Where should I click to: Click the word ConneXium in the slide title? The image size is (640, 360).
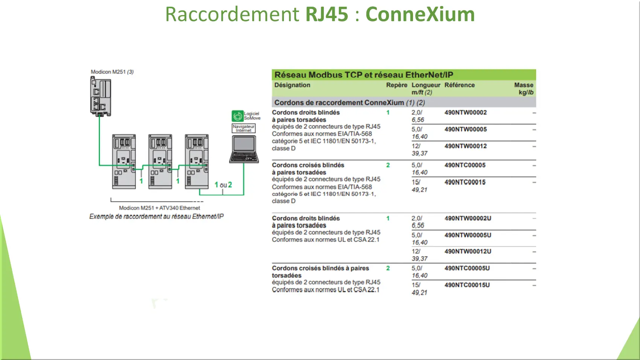pyautogui.click(x=420, y=14)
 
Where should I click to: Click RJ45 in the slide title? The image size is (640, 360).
pyautogui.click(x=327, y=14)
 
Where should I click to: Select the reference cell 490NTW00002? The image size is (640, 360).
pyautogui.click(x=465, y=113)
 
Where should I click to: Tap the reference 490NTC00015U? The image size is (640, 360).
pyautogui.click(x=467, y=285)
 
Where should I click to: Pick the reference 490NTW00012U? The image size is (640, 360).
pyautogui.click(x=468, y=252)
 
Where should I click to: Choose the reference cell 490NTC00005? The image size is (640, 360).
pyautogui.click(x=465, y=165)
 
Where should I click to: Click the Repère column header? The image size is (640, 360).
pyautogui.click(x=396, y=85)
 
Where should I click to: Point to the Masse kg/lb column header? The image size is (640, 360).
pyautogui.click(x=524, y=88)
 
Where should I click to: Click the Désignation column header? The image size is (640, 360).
pyautogui.click(x=292, y=85)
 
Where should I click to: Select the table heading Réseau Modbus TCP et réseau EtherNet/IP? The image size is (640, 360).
pyautogui.click(x=364, y=75)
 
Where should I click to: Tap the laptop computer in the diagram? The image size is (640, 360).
pyautogui.click(x=244, y=149)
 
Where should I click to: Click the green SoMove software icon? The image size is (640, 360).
pyautogui.click(x=238, y=116)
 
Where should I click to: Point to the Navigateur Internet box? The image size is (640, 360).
pyautogui.click(x=244, y=128)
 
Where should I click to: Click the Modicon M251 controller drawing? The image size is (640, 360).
pyautogui.click(x=101, y=96)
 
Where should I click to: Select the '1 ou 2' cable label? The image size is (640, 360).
pyautogui.click(x=223, y=185)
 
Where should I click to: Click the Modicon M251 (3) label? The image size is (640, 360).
pyautogui.click(x=112, y=72)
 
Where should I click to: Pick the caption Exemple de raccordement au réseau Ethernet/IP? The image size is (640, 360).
pyautogui.click(x=156, y=217)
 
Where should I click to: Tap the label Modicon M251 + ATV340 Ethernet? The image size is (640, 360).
pyautogui.click(x=159, y=208)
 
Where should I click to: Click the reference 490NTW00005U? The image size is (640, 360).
pyautogui.click(x=468, y=235)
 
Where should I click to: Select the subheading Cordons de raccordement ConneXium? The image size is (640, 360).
pyautogui.click(x=339, y=102)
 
